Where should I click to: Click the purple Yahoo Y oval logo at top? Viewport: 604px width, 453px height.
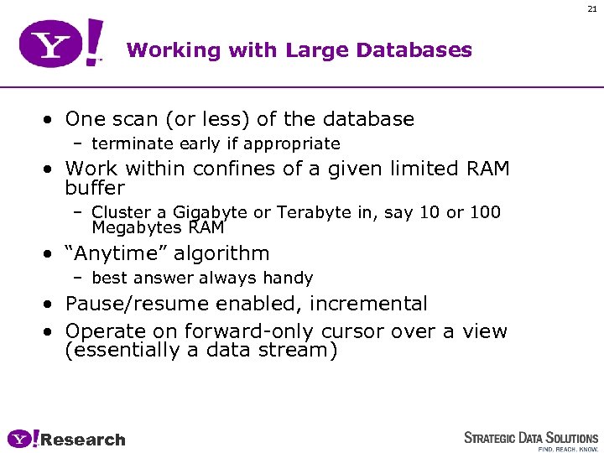[x=50, y=44]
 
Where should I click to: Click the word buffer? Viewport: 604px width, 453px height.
[x=94, y=188]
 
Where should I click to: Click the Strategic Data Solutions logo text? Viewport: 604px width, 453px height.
[x=531, y=438]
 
